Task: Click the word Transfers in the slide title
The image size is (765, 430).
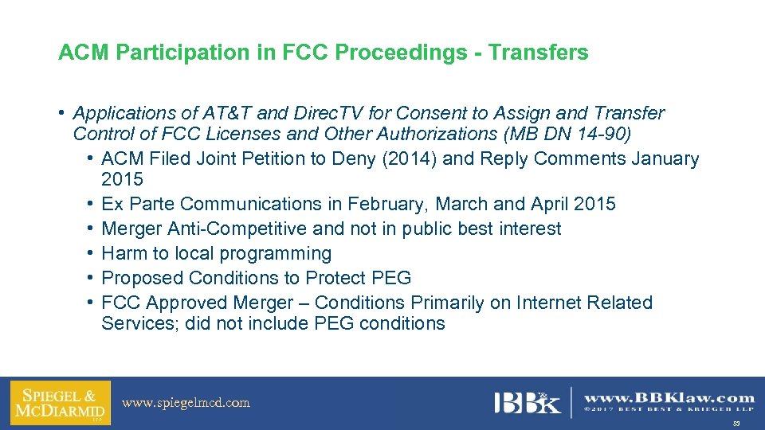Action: [539, 53]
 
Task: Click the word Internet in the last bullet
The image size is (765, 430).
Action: [549, 303]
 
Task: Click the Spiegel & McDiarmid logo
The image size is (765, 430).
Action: [61, 403]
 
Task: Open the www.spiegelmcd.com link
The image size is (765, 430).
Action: [186, 403]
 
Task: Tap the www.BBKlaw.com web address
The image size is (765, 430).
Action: [669, 397]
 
